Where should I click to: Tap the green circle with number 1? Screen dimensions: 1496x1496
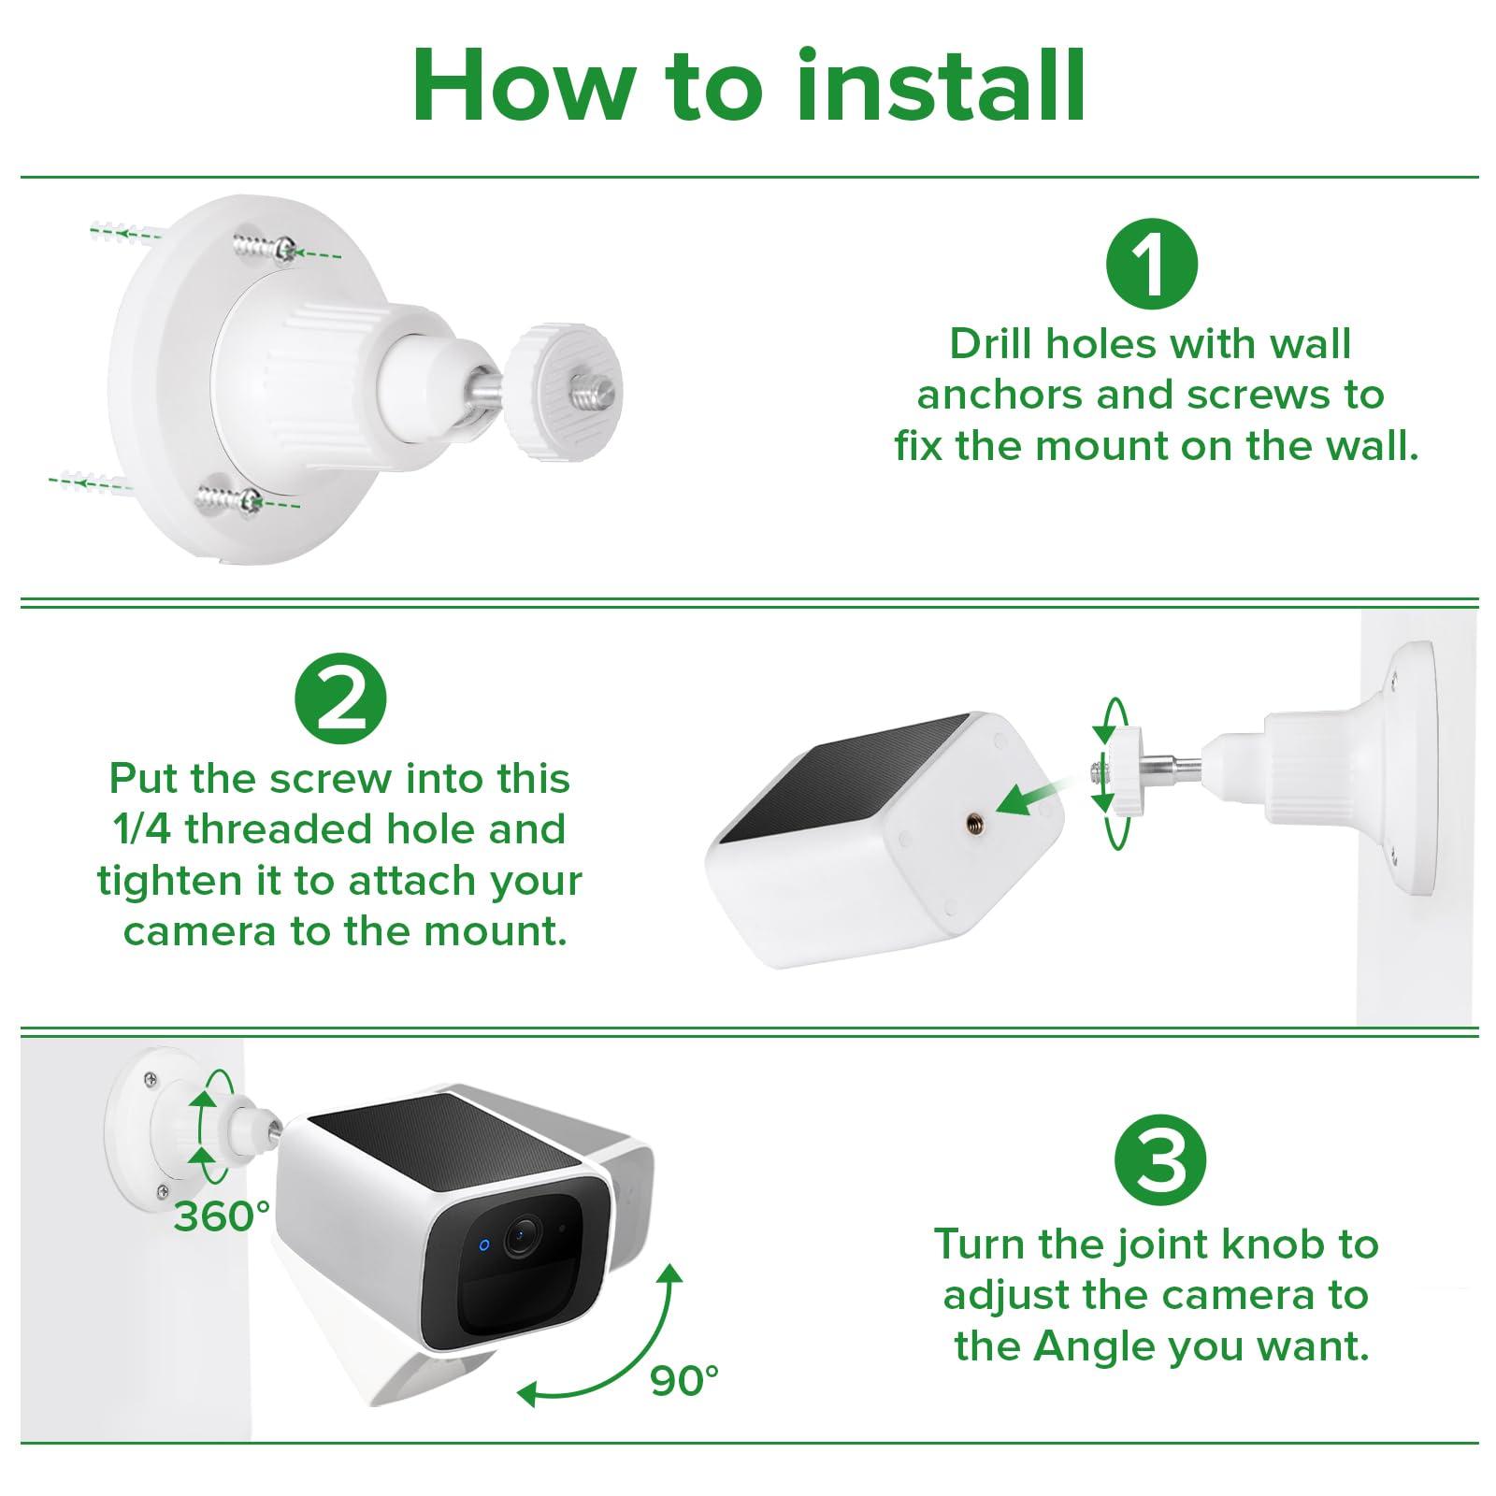(x=1152, y=264)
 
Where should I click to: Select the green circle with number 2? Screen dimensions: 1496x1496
(x=340, y=699)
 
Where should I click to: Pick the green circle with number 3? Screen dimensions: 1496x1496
(x=1160, y=1161)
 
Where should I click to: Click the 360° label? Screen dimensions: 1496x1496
(x=222, y=1216)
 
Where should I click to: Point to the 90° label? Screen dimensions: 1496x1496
(x=684, y=1380)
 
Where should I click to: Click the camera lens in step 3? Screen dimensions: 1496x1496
(x=520, y=1238)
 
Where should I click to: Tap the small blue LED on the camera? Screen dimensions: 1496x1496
(x=484, y=1244)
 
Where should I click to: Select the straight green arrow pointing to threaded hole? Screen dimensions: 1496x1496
(x=1028, y=798)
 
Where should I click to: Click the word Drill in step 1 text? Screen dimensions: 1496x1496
(x=992, y=344)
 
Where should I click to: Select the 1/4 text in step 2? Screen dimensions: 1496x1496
(x=137, y=829)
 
